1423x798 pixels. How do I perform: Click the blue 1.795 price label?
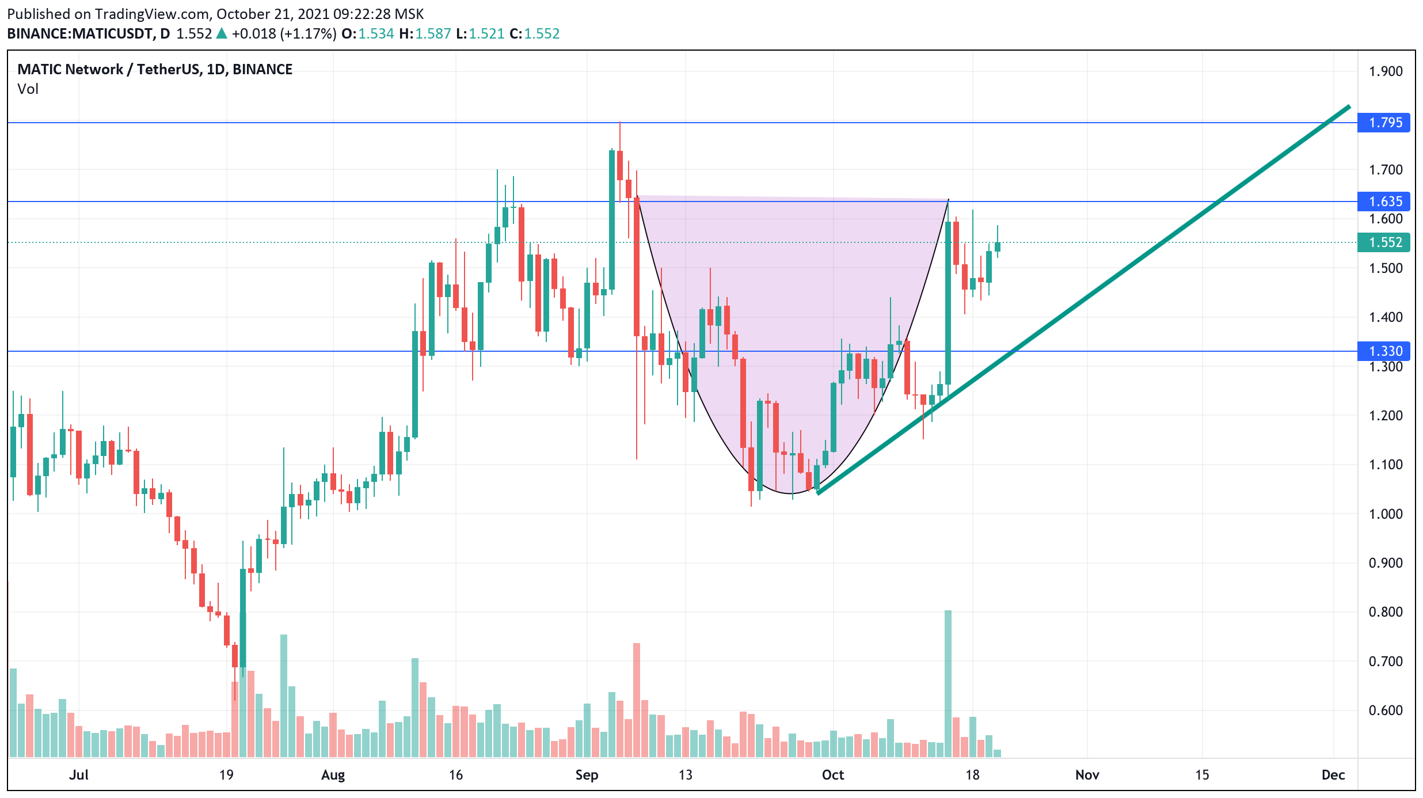pyautogui.click(x=1385, y=123)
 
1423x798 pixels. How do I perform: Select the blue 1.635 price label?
pyautogui.click(x=1385, y=202)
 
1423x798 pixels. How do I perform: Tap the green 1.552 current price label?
pyautogui.click(x=1385, y=242)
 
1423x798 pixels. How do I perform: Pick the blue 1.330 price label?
pyautogui.click(x=1385, y=351)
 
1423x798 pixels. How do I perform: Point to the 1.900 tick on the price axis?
pyautogui.click(x=1385, y=71)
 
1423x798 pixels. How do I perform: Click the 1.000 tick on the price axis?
pyautogui.click(x=1385, y=514)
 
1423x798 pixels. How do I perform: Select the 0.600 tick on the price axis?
pyautogui.click(x=1385, y=710)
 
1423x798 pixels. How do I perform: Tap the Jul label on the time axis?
pyautogui.click(x=79, y=775)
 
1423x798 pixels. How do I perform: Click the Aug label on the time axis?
pyautogui.click(x=333, y=775)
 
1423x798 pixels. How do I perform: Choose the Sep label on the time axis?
pyautogui.click(x=587, y=775)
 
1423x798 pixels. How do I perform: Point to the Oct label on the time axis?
pyautogui.click(x=833, y=775)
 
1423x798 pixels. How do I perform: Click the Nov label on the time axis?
pyautogui.click(x=1087, y=775)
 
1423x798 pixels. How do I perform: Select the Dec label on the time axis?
pyautogui.click(x=1333, y=775)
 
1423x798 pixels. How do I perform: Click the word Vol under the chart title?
pyautogui.click(x=28, y=89)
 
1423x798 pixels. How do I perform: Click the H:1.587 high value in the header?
pyautogui.click(x=425, y=34)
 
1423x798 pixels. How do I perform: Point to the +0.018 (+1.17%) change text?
pyautogui.click(x=284, y=34)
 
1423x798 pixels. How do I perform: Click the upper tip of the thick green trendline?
pyautogui.click(x=1348, y=107)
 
